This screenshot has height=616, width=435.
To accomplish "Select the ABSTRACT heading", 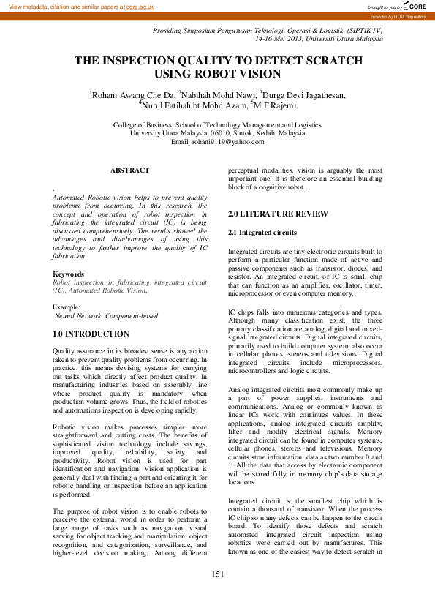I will point(129,170).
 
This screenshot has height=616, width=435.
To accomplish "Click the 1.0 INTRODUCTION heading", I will point(90,333).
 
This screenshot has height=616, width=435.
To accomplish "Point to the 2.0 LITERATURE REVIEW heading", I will point(268,214).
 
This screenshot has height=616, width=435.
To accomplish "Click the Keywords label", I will point(69,274).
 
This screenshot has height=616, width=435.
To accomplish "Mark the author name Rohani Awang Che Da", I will point(133,94).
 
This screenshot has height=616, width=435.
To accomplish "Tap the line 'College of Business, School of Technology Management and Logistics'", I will point(217,125).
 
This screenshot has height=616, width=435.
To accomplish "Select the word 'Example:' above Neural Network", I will point(67,307).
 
